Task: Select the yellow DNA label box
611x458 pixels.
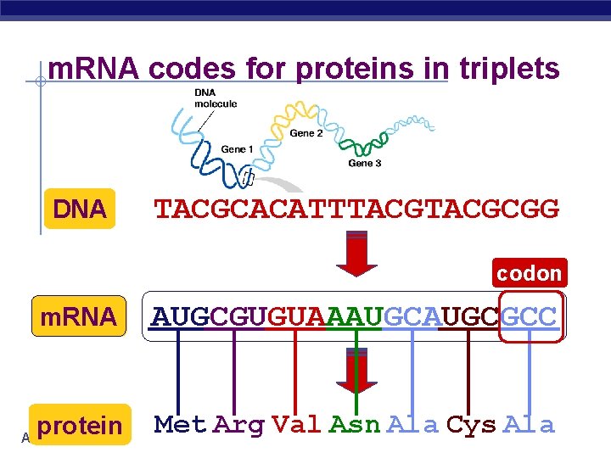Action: [79, 209]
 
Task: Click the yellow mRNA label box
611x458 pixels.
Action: [79, 316]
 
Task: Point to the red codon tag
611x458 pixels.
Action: [530, 273]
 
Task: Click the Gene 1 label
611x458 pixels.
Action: [238, 149]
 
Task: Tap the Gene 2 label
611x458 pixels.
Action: [306, 133]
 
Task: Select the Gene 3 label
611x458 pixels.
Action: [365, 163]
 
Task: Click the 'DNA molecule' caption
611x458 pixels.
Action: [216, 98]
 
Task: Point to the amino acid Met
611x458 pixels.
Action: [181, 424]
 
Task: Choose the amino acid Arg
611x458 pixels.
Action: [238, 424]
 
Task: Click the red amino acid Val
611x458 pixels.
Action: [296, 424]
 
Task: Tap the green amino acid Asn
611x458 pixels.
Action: [355, 424]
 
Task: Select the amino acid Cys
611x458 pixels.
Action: [471, 424]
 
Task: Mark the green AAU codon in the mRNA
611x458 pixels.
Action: [355, 317]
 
